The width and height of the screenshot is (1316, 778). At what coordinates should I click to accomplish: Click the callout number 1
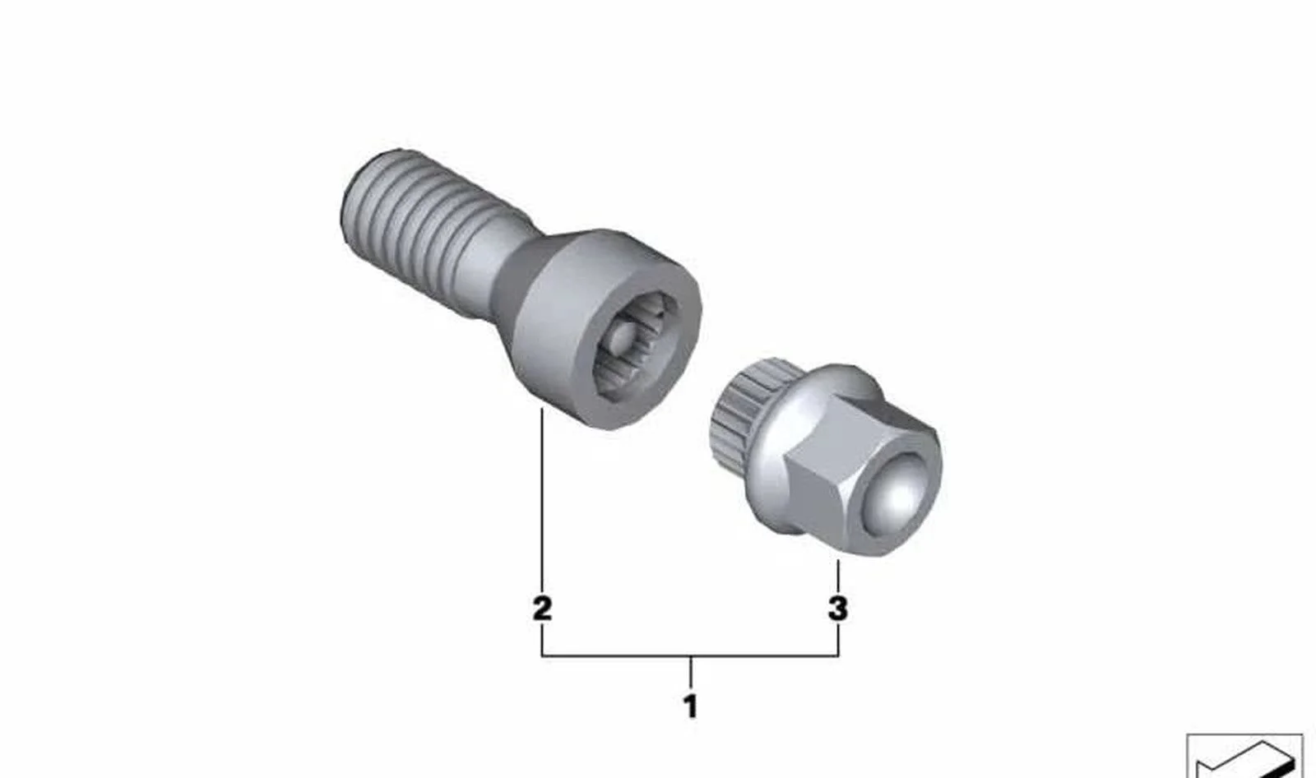click(x=690, y=706)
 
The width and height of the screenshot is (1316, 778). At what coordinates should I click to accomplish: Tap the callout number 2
click(x=542, y=609)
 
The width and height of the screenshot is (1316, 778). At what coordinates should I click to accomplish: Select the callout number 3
click(x=838, y=609)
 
